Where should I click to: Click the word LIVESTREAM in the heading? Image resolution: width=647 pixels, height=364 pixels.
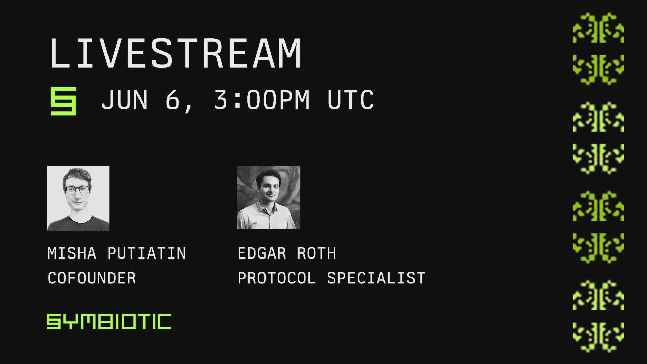tap(175, 53)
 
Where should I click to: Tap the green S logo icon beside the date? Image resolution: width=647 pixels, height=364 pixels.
tap(63, 101)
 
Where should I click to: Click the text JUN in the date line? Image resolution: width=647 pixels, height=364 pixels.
tap(124, 100)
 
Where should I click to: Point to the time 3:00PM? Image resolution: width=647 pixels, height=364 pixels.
tap(262, 100)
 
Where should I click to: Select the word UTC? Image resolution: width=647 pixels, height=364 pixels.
tap(350, 100)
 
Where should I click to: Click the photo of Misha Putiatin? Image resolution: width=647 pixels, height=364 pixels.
tap(78, 198)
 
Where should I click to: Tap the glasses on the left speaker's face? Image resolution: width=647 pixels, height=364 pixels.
tap(78, 190)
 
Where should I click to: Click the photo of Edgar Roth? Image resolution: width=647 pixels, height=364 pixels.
tap(268, 198)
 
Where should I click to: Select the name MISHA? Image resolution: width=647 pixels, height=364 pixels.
tap(72, 253)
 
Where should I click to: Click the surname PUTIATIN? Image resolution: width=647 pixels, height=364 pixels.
tap(147, 253)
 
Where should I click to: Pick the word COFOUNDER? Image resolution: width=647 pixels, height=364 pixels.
tap(92, 278)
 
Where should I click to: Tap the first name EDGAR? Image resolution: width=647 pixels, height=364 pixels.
tap(262, 253)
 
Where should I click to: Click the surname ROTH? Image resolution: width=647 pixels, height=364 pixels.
tap(316, 253)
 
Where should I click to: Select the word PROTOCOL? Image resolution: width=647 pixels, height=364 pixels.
tap(277, 278)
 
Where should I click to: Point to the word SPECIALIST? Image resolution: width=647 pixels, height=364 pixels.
tap(376, 278)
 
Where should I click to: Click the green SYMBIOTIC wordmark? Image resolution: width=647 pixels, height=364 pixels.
tap(109, 322)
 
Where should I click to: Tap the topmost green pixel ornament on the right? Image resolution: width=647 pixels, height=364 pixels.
tap(598, 28)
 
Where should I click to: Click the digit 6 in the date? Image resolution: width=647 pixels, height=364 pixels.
tap(173, 100)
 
